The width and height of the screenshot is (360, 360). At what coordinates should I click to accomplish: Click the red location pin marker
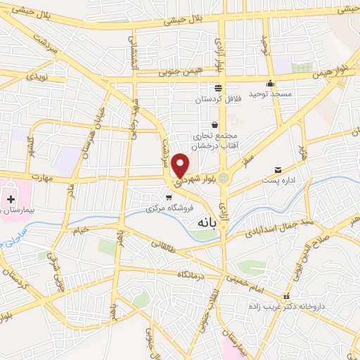[181, 164]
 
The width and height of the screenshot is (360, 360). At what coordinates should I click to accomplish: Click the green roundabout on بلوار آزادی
[224, 179]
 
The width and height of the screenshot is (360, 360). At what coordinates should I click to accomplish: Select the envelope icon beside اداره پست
[278, 170]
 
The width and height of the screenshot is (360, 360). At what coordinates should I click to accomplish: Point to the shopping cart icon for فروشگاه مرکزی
[168, 197]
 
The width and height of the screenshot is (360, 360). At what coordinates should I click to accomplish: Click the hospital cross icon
[10, 200]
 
